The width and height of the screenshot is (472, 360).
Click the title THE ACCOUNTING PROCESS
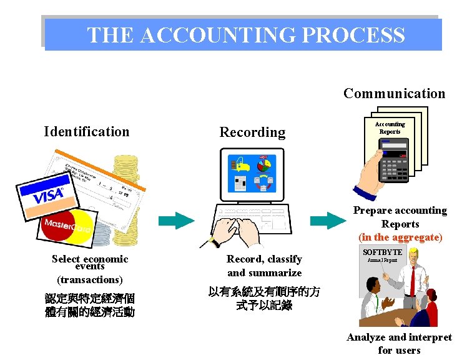click(x=245, y=35)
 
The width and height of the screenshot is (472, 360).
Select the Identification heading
click(x=87, y=132)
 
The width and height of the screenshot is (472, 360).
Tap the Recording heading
click(x=252, y=132)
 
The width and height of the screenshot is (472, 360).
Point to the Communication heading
click(x=394, y=94)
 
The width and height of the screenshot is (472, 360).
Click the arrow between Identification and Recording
click(x=177, y=221)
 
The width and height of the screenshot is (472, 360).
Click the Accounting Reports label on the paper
click(x=390, y=127)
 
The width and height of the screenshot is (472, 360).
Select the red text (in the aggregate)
click(x=400, y=237)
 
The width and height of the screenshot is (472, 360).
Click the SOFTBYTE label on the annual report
click(x=382, y=252)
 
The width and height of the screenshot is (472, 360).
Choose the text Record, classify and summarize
click(x=264, y=266)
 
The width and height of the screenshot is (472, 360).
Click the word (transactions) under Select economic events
click(x=90, y=279)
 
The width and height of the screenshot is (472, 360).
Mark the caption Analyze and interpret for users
click(x=399, y=343)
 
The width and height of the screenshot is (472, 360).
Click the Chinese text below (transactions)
click(x=90, y=304)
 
